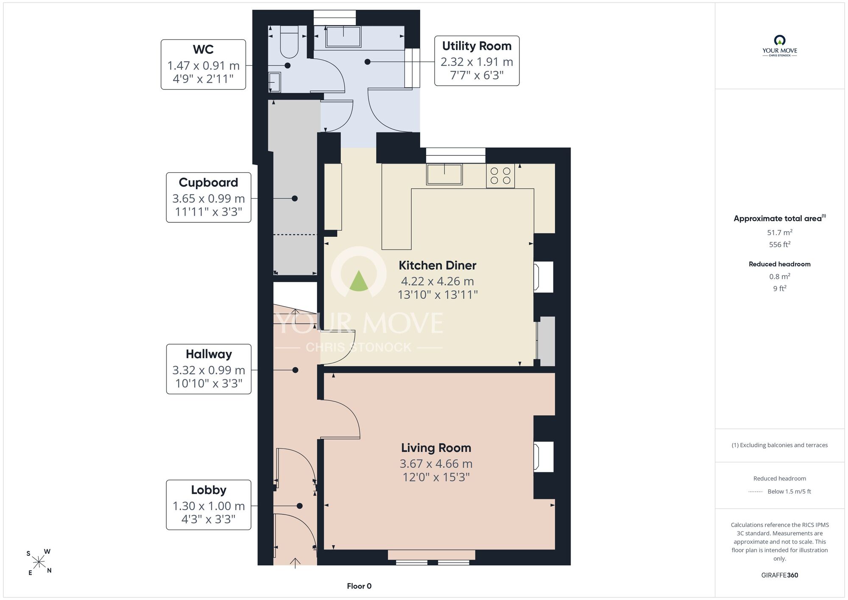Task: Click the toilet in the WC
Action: pyautogui.click(x=290, y=42)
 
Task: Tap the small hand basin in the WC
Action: pyautogui.click(x=275, y=82)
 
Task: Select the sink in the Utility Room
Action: pyautogui.click(x=343, y=37)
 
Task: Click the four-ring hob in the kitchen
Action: pyautogui.click(x=500, y=176)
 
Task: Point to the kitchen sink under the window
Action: pyautogui.click(x=444, y=174)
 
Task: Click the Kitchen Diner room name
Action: pyautogui.click(x=438, y=266)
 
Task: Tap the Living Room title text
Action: pyautogui.click(x=436, y=448)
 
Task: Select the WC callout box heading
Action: pyautogui.click(x=203, y=50)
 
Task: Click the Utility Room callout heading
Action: pyautogui.click(x=477, y=46)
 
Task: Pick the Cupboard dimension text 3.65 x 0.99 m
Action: pyautogui.click(x=209, y=199)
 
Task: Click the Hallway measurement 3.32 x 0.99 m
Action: pyautogui.click(x=209, y=370)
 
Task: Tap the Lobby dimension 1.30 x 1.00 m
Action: pyautogui.click(x=209, y=506)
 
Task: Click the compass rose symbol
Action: pyautogui.click(x=39, y=563)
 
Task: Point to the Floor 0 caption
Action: pyautogui.click(x=359, y=586)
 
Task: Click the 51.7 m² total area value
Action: pyautogui.click(x=780, y=233)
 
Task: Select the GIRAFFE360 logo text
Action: pyautogui.click(x=780, y=575)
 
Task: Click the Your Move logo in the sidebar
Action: pyautogui.click(x=780, y=46)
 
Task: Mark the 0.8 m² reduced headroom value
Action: pyautogui.click(x=780, y=277)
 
